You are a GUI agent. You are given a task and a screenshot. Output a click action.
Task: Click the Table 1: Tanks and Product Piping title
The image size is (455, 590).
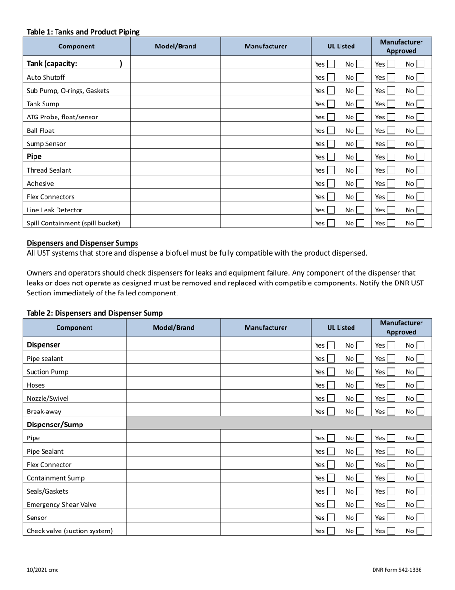[x=83, y=32]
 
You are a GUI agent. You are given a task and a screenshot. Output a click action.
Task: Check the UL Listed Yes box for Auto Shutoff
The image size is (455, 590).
[x=331, y=77]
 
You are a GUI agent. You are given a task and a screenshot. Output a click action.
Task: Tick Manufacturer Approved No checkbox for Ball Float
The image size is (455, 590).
[x=420, y=130]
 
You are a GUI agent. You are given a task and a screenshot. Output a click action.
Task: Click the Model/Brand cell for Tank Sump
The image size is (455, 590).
[x=175, y=104]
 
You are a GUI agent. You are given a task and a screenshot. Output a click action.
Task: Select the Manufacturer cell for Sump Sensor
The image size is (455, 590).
[x=266, y=143]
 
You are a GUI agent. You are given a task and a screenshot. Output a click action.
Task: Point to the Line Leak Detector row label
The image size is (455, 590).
[x=55, y=210]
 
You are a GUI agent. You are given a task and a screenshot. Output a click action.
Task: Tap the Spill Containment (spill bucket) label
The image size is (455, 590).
[x=73, y=223]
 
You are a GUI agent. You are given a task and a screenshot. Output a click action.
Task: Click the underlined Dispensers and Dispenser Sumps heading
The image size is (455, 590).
[x=82, y=243]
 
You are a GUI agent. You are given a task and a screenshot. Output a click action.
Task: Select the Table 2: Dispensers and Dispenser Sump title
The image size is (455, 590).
[x=95, y=313]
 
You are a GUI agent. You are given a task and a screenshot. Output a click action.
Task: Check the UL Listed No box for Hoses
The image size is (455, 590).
[x=360, y=385]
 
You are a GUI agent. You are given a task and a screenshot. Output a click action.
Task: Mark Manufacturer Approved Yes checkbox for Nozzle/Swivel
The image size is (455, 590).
[x=391, y=398]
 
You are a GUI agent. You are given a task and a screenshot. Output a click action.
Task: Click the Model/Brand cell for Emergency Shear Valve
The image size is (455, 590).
[x=173, y=504]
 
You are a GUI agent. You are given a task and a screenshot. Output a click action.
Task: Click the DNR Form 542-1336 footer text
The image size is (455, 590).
[x=397, y=570]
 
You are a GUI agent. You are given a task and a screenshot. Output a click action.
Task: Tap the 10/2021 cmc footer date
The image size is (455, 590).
[x=43, y=570]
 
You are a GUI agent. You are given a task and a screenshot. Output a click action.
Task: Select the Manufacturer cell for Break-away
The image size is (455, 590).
[x=266, y=411]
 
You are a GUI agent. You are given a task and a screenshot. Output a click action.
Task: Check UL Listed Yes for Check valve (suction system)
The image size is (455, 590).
[x=331, y=531]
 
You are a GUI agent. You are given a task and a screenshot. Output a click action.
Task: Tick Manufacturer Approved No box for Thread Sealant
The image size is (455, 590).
[x=420, y=170]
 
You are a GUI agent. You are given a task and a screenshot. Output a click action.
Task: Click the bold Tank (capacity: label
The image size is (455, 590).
[x=52, y=63]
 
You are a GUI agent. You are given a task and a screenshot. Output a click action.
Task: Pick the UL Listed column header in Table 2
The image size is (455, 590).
[x=341, y=328]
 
